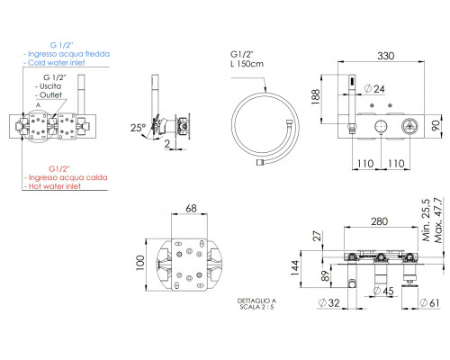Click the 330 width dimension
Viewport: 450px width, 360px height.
tap(385, 56)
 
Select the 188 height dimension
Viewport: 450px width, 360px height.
tap(316, 96)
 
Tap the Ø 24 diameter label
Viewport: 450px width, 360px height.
tap(374, 89)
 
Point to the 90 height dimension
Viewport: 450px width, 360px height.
tap(436, 125)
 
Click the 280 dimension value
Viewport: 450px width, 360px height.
tap(380, 221)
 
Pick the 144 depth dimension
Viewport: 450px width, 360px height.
tap(295, 268)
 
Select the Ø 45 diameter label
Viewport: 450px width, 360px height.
tap(383, 291)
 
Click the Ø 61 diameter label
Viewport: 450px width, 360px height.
tap(429, 303)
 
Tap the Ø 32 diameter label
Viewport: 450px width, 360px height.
tap(328, 303)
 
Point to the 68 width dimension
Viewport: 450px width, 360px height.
tap(191, 208)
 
